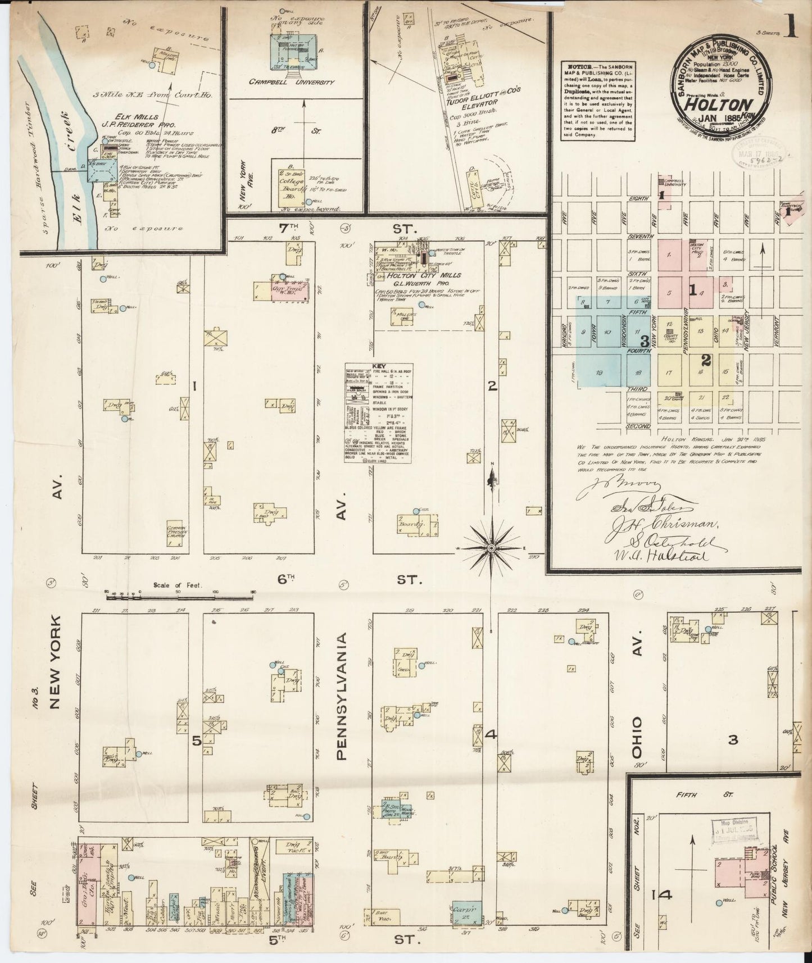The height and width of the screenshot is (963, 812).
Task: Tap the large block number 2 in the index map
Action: point(706,360)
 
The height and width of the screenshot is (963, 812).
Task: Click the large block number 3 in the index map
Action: point(645,340)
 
